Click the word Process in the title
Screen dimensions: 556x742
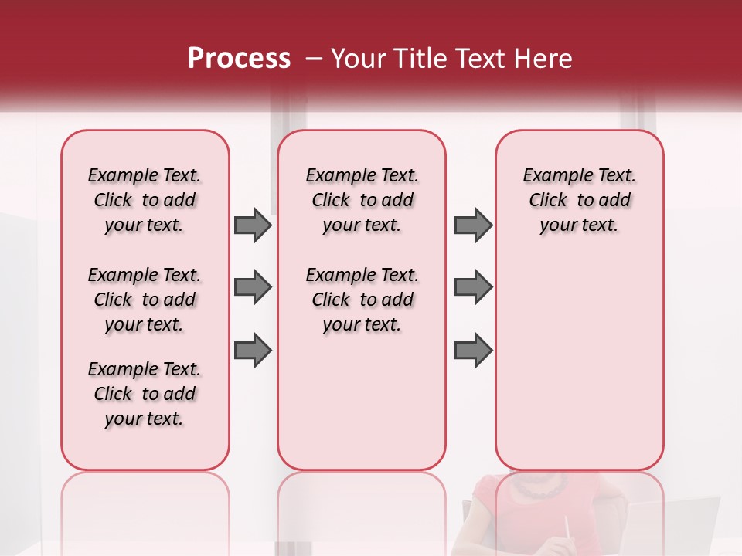point(239,59)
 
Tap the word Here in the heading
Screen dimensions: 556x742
point(543,59)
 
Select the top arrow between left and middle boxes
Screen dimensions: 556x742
point(253,225)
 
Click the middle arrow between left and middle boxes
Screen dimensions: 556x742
point(253,287)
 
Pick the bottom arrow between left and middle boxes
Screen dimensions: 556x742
point(253,350)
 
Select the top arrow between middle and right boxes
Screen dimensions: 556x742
point(473,225)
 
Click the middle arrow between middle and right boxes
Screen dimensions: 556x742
point(473,287)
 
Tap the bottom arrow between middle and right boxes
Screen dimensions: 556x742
point(473,350)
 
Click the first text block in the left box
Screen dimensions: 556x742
point(145,200)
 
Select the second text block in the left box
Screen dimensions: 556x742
point(145,300)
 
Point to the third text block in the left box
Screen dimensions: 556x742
point(145,394)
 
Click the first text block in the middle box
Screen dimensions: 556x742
point(362,200)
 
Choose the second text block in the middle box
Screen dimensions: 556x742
point(362,300)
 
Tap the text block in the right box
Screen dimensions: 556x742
point(579,200)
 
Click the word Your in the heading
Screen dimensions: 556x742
point(359,59)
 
